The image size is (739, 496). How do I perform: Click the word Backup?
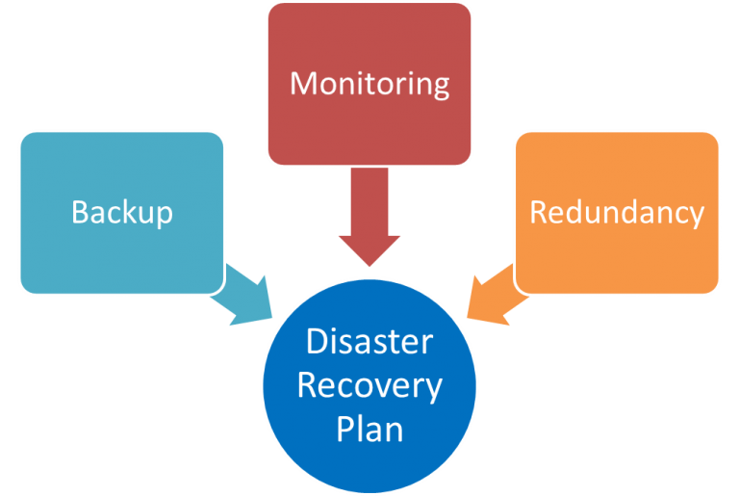tap(122, 211)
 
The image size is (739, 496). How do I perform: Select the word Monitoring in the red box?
tap(369, 83)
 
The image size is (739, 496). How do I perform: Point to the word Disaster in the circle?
tap(369, 342)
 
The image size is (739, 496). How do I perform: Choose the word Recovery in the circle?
tap(369, 385)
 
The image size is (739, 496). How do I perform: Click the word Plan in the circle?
tap(369, 429)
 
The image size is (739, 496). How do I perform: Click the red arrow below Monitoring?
tap(369, 217)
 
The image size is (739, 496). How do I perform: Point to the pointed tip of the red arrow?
tap(369, 266)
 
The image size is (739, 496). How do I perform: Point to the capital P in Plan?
tap(344, 429)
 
